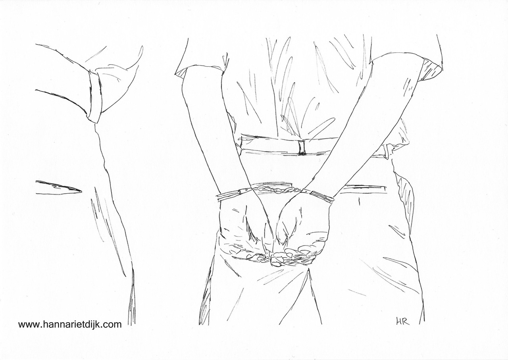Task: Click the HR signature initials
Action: [x=402, y=322]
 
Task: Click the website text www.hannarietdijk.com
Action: [x=70, y=325]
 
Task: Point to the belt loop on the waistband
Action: [x=301, y=148]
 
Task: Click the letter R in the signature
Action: [x=406, y=322]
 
